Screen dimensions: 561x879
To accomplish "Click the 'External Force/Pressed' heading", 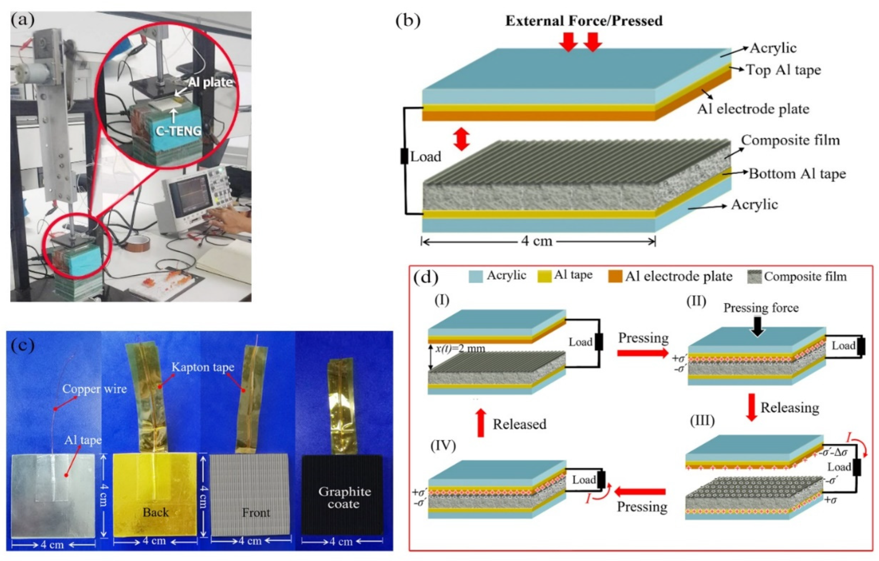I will click(584, 21).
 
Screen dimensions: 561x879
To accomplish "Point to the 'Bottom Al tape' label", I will click(797, 174).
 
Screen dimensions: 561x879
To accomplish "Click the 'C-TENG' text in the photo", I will click(179, 130).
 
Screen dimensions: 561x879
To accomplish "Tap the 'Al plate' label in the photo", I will click(210, 82).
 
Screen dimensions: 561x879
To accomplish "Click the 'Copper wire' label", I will click(94, 389).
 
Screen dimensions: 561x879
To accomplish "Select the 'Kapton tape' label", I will click(203, 367).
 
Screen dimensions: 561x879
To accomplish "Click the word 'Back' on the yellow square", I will click(156, 512).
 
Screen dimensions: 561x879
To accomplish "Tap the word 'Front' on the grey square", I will click(256, 513).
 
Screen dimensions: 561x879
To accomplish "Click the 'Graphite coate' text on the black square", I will click(344, 498).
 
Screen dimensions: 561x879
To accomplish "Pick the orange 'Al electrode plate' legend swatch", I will click(615, 276).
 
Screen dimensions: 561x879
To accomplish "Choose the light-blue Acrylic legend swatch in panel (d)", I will click(476, 276).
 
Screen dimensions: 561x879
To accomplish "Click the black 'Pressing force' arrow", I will click(757, 326).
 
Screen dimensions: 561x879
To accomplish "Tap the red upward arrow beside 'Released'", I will click(481, 423).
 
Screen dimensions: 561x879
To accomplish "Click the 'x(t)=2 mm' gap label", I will click(460, 349).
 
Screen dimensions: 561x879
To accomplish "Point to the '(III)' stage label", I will click(702, 421).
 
